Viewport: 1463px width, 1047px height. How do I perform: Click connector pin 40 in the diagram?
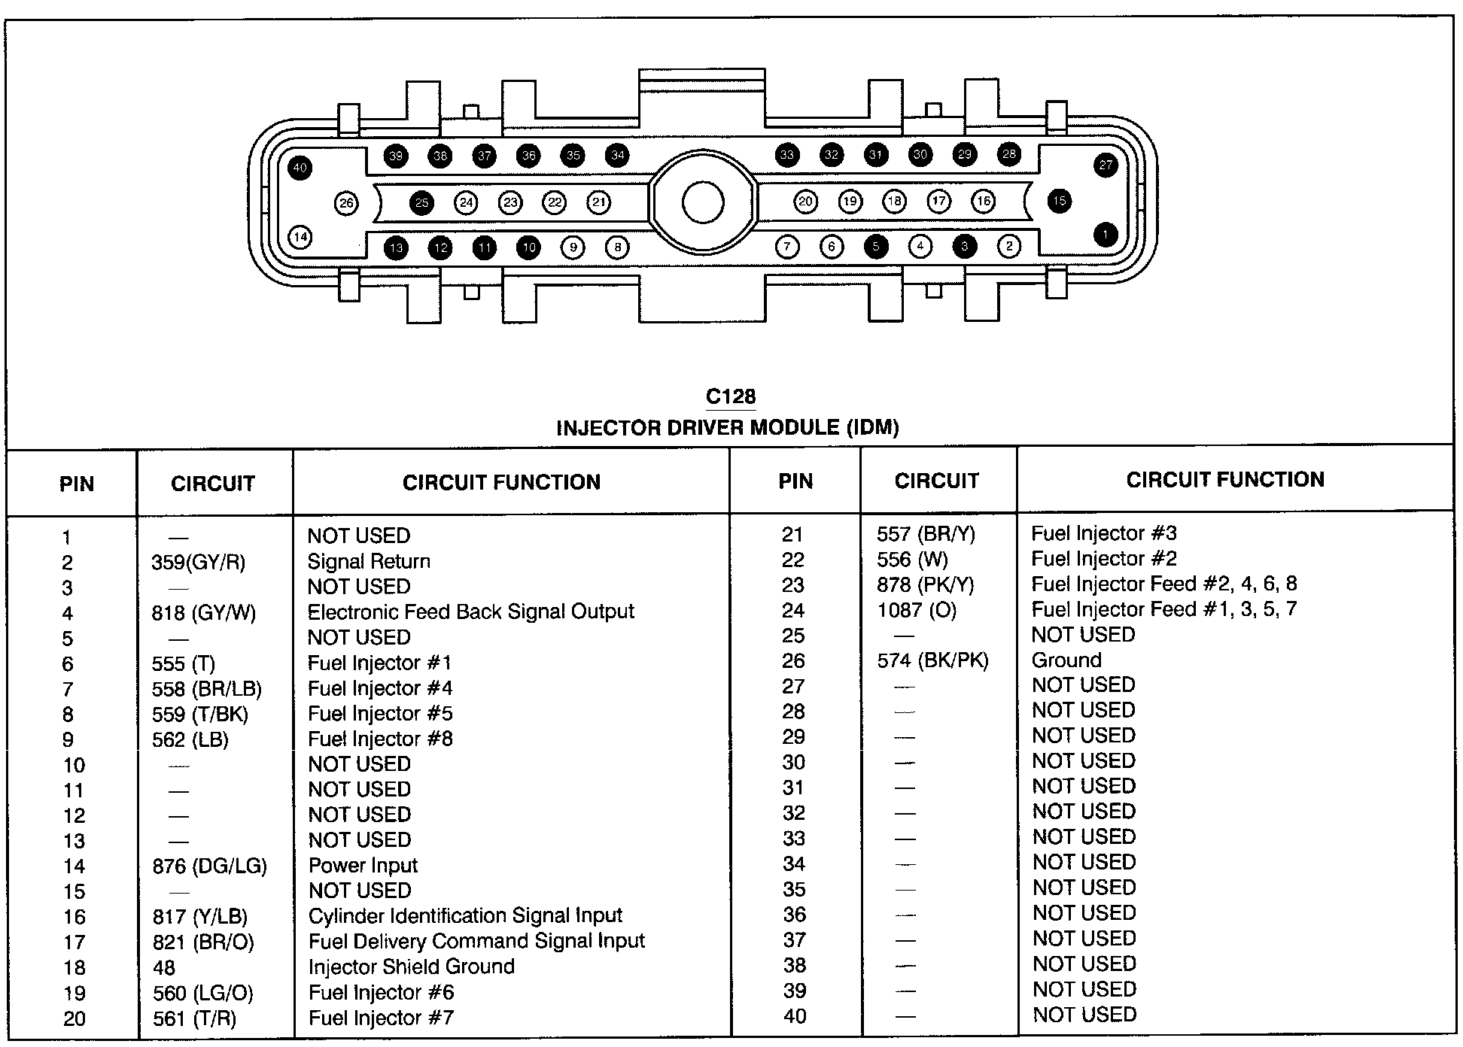tap(300, 167)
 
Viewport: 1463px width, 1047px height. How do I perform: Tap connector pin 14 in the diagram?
tap(300, 238)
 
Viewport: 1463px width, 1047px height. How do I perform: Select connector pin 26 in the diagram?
tap(346, 203)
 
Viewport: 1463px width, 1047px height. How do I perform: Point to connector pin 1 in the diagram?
tap(1105, 235)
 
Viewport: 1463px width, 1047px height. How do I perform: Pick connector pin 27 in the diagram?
tap(1105, 165)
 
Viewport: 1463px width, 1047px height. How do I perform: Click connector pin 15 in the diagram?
tap(1060, 201)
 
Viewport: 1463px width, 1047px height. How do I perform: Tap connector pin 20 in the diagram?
tap(806, 202)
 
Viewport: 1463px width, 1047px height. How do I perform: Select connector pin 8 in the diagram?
tap(617, 247)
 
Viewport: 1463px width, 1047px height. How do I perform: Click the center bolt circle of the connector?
tap(703, 202)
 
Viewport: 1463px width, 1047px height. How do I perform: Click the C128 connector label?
tap(731, 397)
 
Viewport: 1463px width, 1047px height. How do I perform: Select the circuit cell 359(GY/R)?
tap(198, 563)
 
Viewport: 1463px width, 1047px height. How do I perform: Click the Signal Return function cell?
tap(369, 562)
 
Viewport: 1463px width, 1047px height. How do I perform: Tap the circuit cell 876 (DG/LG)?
tap(209, 866)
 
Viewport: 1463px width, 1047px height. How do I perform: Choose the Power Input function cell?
tap(363, 866)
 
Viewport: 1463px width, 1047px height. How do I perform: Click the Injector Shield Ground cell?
tap(411, 967)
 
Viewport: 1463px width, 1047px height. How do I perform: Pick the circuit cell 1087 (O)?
tap(917, 610)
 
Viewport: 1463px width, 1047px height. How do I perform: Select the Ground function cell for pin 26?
tap(1066, 660)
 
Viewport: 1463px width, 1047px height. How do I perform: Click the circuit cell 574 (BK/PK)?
tap(932, 661)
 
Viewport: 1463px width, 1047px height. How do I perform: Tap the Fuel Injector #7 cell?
tap(381, 1018)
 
